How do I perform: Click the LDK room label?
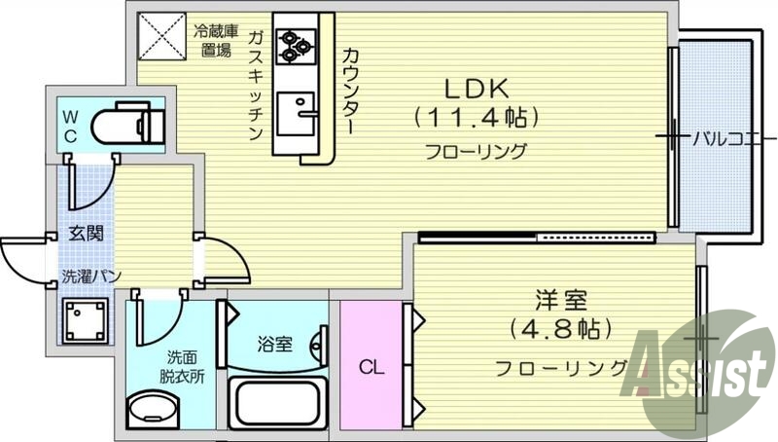click(477, 89)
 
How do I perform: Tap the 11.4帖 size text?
click(477, 119)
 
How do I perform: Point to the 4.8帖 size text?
click(556, 327)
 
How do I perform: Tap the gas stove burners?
click(294, 43)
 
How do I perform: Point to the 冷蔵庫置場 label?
click(216, 40)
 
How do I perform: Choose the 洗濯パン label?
click(91, 276)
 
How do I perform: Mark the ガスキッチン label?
click(256, 86)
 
